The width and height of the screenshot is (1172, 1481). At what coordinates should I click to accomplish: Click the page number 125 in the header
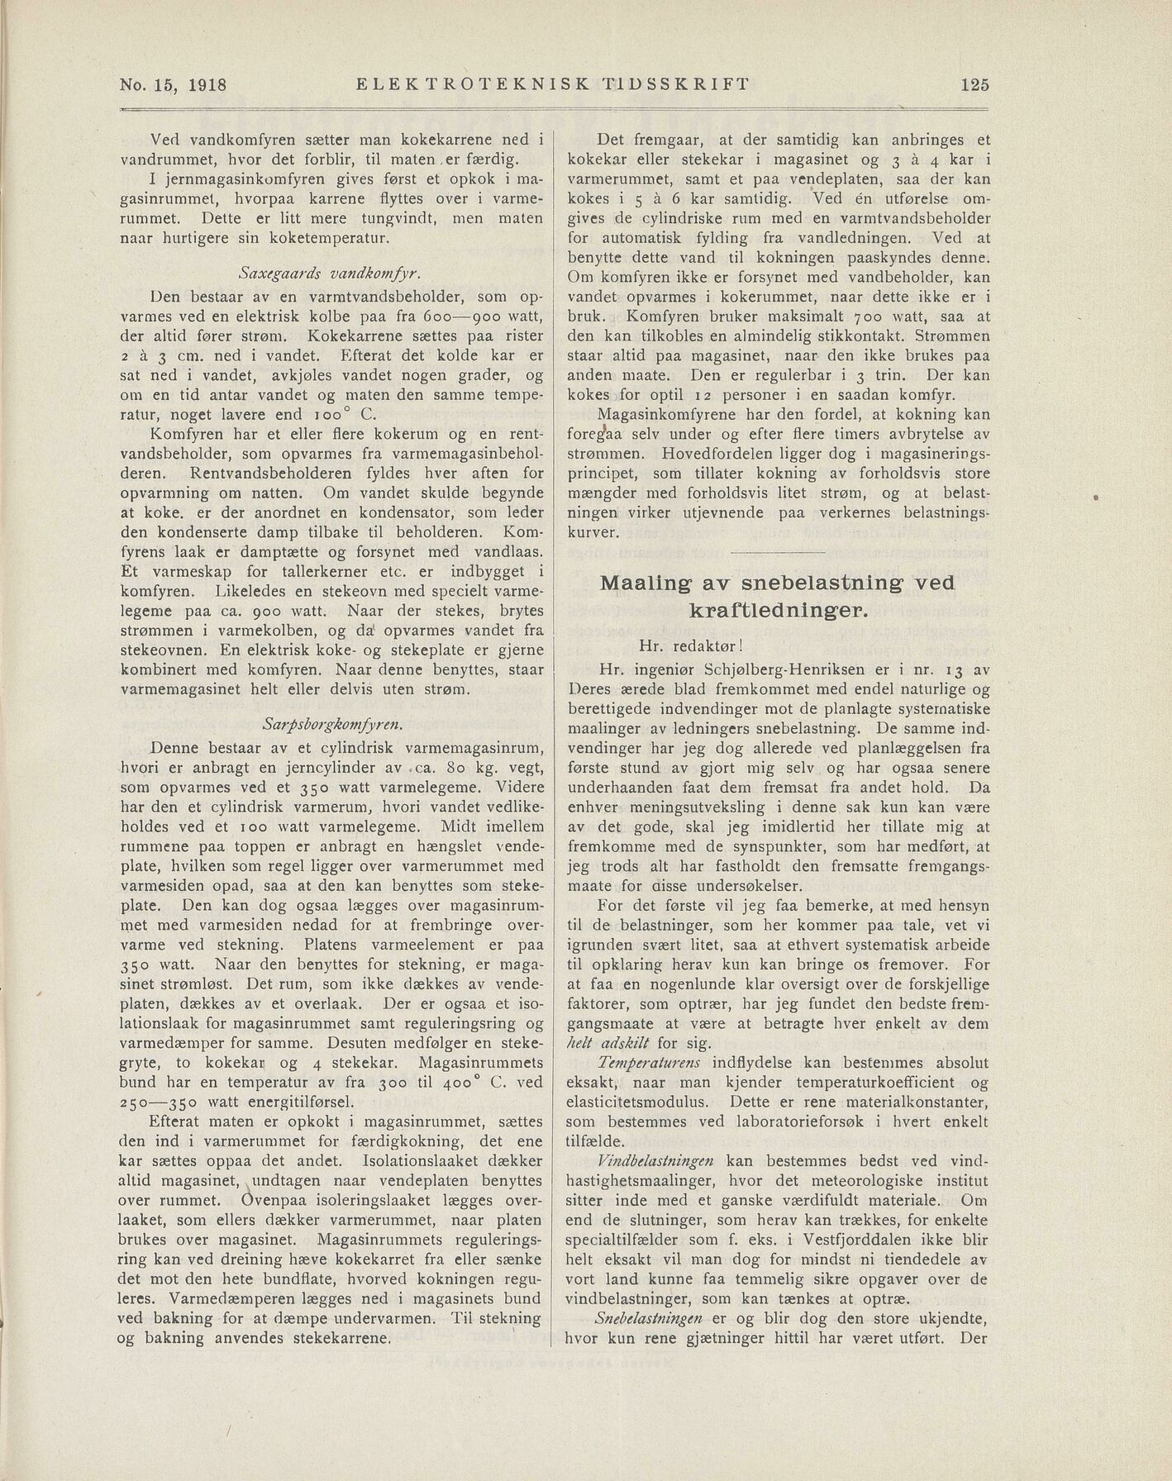(x=974, y=84)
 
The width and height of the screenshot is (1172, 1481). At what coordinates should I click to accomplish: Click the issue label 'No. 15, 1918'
(x=174, y=84)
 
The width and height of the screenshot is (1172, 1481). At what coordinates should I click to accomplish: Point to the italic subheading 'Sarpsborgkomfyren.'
(x=331, y=725)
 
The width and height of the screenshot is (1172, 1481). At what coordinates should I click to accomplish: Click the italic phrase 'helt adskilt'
(x=607, y=1043)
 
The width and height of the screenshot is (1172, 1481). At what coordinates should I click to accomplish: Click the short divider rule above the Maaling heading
(x=778, y=551)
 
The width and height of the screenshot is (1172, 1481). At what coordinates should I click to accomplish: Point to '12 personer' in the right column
(x=729, y=395)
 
